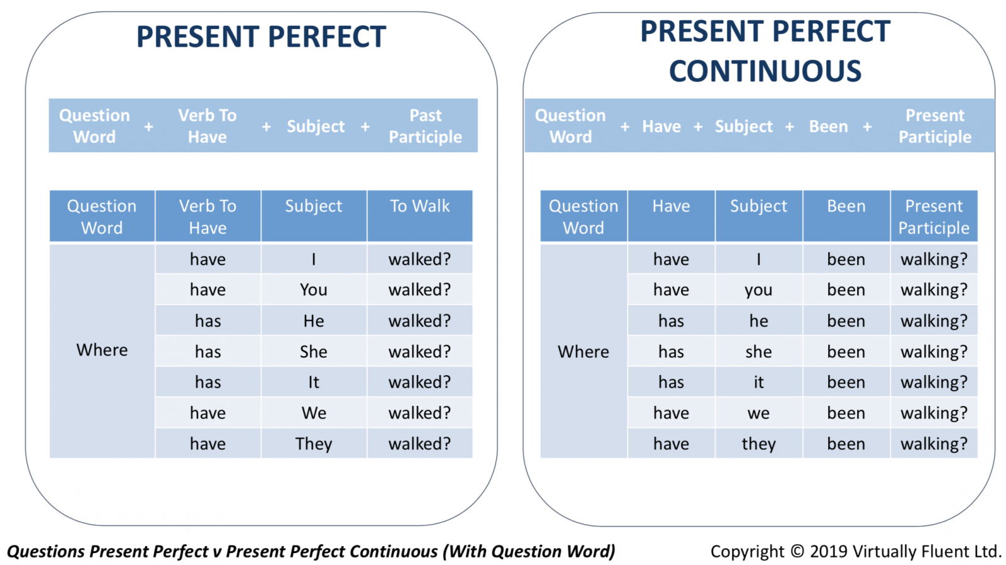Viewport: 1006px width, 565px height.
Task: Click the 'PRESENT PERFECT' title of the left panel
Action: [261, 36]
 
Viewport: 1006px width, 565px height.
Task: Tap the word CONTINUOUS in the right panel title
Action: [765, 71]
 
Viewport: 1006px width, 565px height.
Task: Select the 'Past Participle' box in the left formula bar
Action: [425, 126]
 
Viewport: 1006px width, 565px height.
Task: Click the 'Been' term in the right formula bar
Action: [828, 126]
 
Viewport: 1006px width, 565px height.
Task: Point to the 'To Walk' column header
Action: [419, 216]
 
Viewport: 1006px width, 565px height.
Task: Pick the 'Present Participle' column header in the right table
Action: [934, 216]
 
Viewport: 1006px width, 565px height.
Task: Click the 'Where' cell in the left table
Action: [102, 350]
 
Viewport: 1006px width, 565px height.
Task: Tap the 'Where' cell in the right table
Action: [583, 351]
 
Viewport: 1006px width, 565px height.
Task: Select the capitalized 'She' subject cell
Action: [314, 352]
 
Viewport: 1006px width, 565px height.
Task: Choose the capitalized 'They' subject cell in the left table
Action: [314, 444]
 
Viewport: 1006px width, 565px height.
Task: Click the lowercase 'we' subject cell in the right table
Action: [758, 413]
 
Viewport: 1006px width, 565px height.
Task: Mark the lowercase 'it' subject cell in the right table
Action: [758, 382]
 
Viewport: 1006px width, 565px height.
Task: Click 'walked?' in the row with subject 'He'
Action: [419, 320]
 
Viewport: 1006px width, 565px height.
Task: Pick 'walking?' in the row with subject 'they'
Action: [934, 444]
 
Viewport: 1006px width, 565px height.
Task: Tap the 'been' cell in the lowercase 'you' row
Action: [846, 289]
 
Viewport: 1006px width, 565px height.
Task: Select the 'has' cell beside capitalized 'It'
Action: [207, 382]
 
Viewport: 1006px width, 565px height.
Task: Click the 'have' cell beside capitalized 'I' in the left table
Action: [207, 259]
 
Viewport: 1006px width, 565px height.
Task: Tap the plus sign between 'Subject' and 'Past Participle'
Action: [365, 126]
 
